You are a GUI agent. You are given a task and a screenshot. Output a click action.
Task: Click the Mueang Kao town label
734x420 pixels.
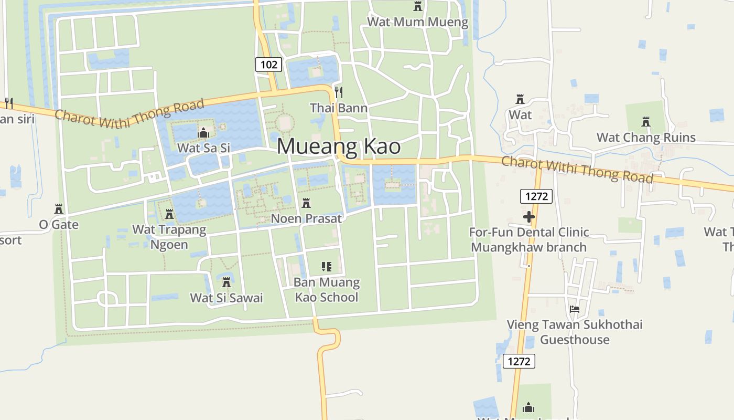point(339,146)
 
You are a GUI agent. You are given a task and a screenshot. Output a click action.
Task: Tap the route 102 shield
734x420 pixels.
point(269,65)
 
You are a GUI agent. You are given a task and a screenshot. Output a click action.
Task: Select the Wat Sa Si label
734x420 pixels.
point(203,148)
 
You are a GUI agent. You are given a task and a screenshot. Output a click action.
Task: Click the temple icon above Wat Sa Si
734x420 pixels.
point(203,133)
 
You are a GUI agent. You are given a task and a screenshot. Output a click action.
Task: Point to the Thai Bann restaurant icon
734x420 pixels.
point(339,92)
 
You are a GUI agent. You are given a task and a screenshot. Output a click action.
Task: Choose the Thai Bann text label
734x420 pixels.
point(339,108)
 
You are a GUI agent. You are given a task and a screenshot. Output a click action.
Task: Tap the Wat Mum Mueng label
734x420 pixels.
point(417,22)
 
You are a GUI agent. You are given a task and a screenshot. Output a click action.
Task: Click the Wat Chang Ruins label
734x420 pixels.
point(646,138)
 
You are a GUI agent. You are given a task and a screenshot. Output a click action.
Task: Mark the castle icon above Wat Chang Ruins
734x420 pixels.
point(646,122)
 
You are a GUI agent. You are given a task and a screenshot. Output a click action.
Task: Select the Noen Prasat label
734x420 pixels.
point(306,218)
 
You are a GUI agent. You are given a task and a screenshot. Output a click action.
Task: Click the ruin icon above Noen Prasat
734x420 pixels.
point(306,203)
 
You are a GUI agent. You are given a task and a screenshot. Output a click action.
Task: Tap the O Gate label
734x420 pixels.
point(59,225)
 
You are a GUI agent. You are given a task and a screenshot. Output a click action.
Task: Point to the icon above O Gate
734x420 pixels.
point(59,209)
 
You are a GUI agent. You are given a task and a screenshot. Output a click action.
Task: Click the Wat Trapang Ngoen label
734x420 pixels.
point(169,237)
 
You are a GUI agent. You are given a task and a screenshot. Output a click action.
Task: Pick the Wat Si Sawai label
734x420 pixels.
point(226,298)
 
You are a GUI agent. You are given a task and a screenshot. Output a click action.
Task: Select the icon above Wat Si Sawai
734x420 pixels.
point(226,282)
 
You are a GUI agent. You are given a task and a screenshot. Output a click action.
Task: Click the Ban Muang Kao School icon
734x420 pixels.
point(327,267)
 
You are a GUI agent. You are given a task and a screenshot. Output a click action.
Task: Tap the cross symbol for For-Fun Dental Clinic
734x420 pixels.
point(528,216)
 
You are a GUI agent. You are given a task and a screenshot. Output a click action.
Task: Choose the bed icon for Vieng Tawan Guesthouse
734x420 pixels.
point(575,309)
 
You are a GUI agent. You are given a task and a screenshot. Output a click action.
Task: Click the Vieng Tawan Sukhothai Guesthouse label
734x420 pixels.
point(575,332)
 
